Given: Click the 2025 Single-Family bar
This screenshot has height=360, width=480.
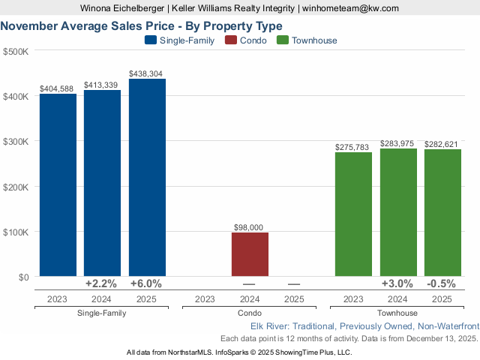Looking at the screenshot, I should tap(147, 178).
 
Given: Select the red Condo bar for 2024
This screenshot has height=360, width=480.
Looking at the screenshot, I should tap(250, 254).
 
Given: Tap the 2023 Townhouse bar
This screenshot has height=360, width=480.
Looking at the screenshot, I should tap(353, 214).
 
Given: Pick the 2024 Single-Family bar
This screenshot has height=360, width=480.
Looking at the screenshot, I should tap(102, 183).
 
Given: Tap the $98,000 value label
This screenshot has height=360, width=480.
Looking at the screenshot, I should tap(250, 227).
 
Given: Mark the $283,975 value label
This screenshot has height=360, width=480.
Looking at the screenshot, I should tap(397, 143).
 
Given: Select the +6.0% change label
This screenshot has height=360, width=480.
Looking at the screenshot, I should tap(147, 284).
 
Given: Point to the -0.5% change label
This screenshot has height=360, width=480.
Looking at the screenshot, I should tap(442, 284).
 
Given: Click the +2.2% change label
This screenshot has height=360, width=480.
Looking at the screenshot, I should tap(102, 284).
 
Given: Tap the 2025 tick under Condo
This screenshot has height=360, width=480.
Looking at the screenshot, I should tap(294, 299).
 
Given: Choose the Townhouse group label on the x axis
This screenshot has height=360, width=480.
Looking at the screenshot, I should tap(397, 313).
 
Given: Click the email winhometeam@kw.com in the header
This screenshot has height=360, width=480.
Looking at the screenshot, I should tap(351, 8).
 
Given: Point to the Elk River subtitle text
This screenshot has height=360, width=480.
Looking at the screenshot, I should tap(363, 326).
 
